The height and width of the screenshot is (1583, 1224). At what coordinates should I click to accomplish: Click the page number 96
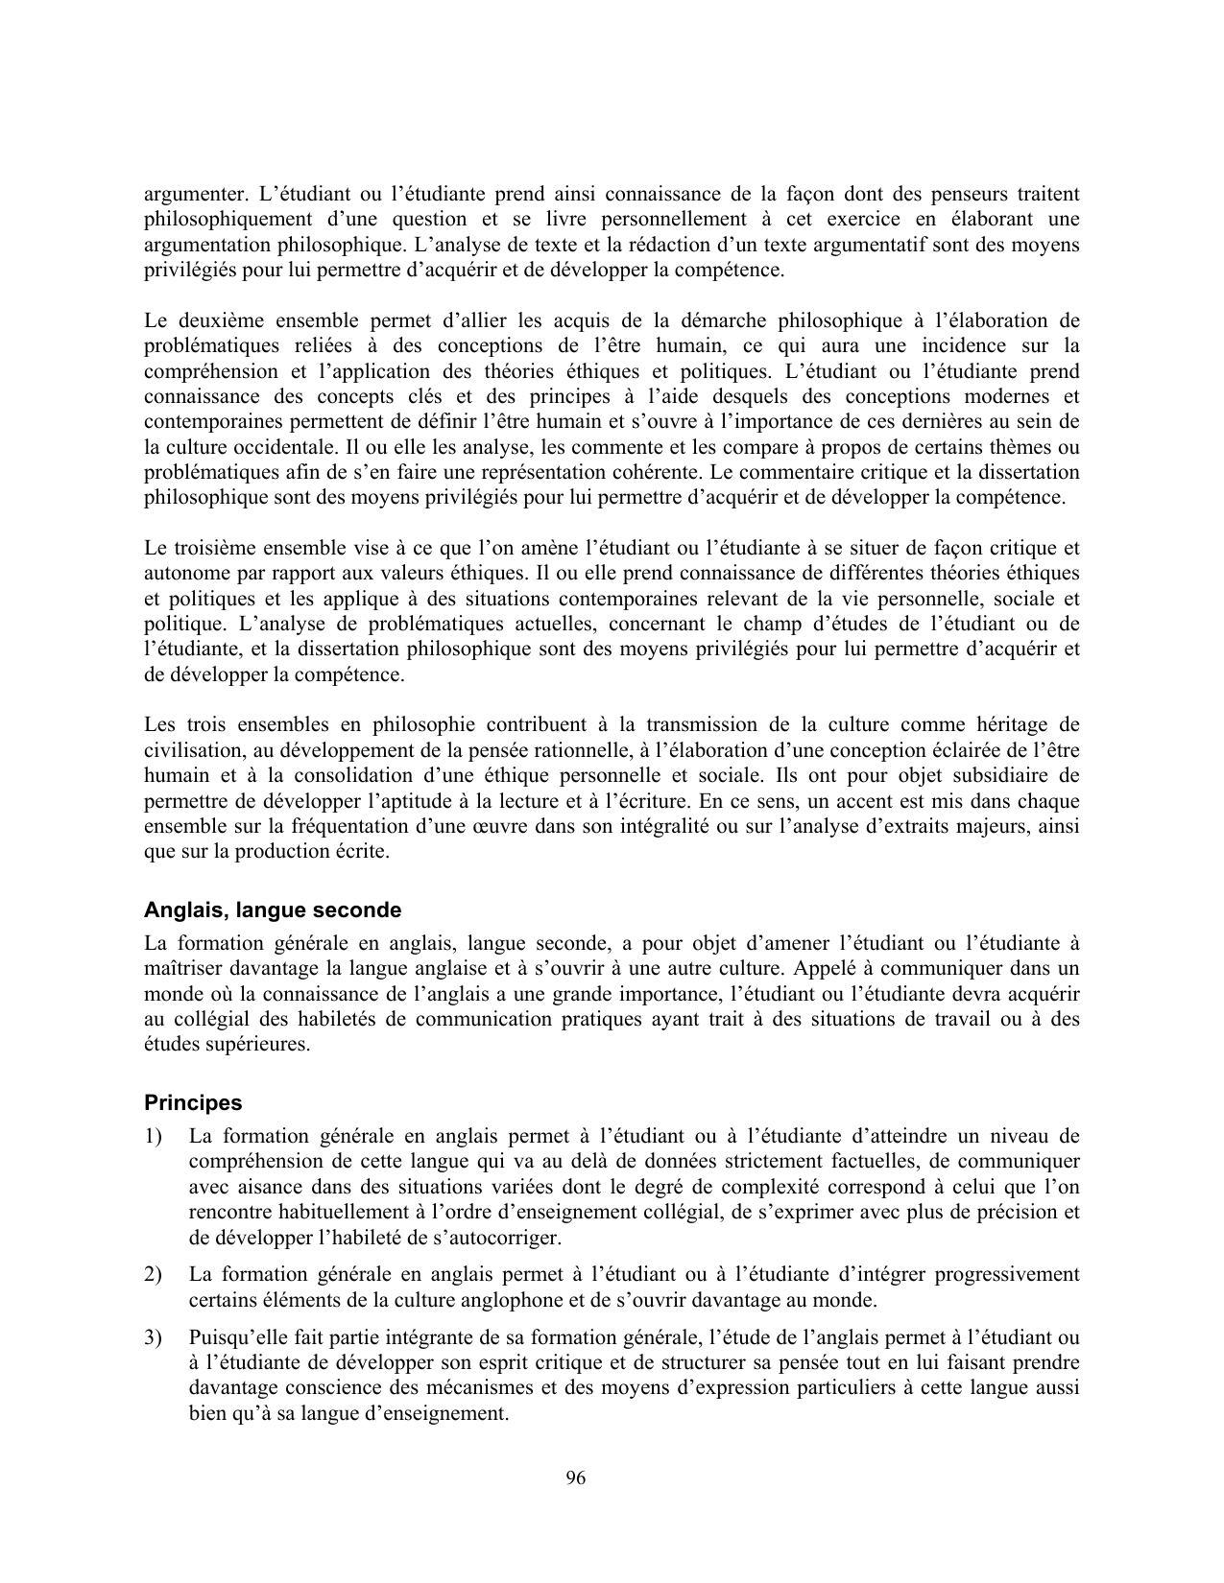tap(576, 1478)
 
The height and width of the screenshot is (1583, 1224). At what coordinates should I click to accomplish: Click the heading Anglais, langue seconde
tap(273, 910)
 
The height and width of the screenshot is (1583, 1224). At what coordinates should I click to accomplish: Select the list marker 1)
tap(153, 1137)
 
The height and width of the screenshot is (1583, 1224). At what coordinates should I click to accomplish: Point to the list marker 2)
tap(153, 1275)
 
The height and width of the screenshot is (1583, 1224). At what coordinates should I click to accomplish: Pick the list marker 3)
tap(153, 1337)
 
